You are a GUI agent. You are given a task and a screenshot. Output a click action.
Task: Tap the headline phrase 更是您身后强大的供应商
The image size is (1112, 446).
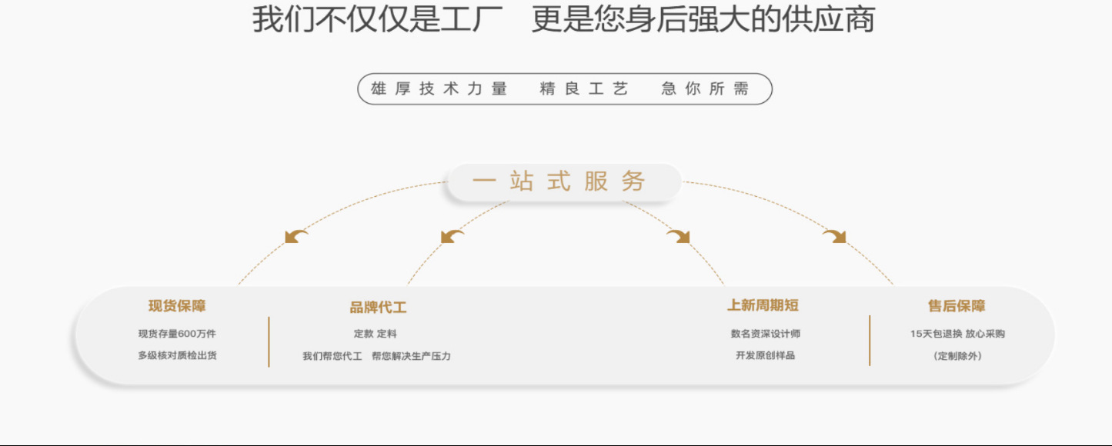[703, 20]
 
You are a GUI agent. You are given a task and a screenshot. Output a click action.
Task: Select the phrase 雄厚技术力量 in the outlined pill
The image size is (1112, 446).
[439, 89]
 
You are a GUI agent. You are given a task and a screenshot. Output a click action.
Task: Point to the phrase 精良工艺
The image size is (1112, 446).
[584, 89]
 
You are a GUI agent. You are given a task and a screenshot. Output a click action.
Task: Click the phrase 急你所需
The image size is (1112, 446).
[705, 89]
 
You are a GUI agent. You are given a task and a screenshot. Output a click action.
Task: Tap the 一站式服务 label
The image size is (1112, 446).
[559, 181]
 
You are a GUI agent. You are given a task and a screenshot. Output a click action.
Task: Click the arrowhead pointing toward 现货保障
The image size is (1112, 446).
[296, 236]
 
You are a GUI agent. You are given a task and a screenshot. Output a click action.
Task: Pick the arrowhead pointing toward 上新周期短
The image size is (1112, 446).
[678, 236]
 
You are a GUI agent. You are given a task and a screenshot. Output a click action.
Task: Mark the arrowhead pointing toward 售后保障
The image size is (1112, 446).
[834, 236]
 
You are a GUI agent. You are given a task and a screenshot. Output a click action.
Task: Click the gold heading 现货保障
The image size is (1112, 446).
[177, 306]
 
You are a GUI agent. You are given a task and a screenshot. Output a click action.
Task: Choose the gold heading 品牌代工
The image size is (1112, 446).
[378, 308]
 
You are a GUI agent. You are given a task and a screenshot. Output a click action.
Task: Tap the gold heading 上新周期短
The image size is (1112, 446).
[763, 305]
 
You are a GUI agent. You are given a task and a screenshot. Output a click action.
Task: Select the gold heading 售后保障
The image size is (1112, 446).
[957, 306]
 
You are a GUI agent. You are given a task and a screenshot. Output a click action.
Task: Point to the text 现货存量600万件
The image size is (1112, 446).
[177, 334]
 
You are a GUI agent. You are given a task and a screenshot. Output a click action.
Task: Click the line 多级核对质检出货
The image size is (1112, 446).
[177, 355]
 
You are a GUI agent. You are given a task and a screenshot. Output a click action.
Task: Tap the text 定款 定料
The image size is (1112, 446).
[376, 334]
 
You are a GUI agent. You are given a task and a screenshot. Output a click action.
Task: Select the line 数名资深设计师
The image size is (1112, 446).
[766, 334]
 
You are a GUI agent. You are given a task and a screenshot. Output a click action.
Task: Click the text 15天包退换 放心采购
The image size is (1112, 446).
[957, 334]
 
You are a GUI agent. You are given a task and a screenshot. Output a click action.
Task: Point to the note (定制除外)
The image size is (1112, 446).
[957, 356]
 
